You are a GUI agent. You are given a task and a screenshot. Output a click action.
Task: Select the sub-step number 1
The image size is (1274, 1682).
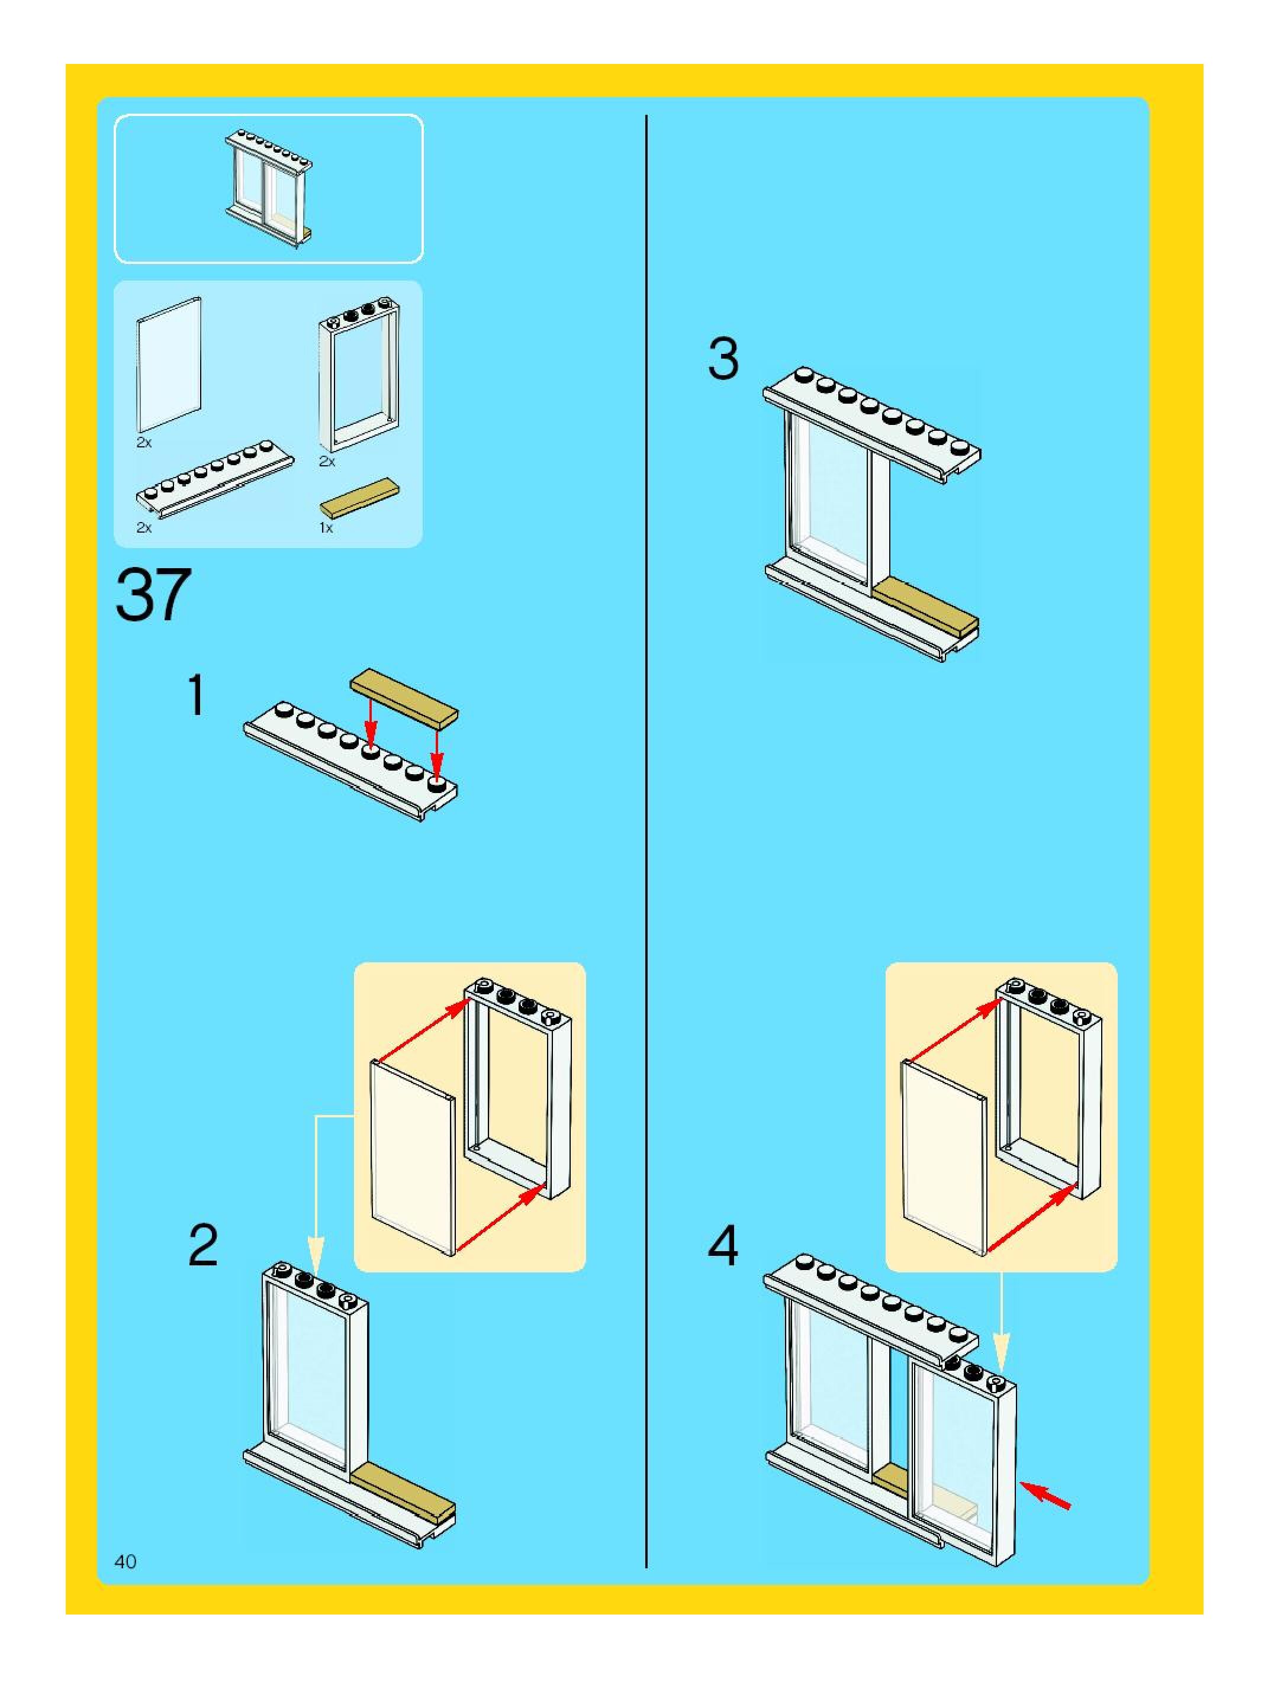pos(196,696)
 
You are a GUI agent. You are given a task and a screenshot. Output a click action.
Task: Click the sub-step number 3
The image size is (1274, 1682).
pos(723,360)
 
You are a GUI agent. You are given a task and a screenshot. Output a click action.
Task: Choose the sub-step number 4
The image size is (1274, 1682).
pos(723,1246)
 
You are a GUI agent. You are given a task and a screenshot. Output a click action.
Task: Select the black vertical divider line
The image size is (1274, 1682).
pos(646,836)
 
